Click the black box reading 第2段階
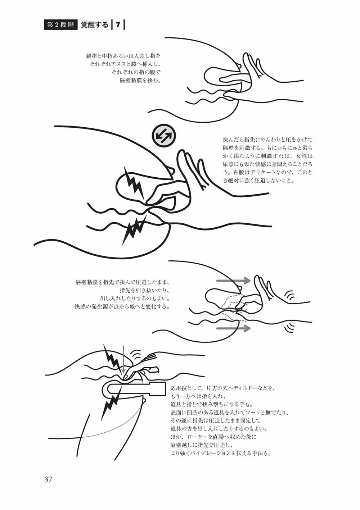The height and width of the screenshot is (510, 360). pyautogui.click(x=60, y=25)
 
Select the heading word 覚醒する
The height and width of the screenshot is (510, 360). pyautogui.click(x=95, y=25)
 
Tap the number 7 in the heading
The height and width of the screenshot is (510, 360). pyautogui.click(x=118, y=25)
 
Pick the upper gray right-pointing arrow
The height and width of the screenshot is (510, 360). pyautogui.click(x=233, y=281)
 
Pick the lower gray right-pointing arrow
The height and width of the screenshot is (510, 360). pyautogui.click(x=233, y=328)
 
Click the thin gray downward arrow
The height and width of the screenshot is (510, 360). pyautogui.click(x=123, y=362)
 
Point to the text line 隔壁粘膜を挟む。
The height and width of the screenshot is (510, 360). pyautogui.click(x=140, y=80)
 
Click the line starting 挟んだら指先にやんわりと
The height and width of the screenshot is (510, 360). pyautogui.click(x=267, y=139)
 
